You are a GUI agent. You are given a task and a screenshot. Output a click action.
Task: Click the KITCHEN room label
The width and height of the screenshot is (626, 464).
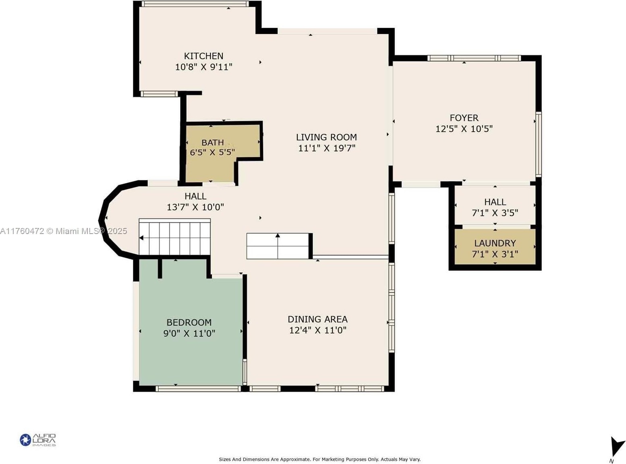[203, 56]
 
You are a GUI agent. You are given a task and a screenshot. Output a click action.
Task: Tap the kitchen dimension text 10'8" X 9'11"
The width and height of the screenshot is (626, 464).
[203, 67]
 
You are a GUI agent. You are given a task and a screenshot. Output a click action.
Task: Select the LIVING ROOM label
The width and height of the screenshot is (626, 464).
[326, 137]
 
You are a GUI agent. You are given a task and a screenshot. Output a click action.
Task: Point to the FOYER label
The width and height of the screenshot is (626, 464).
[464, 118]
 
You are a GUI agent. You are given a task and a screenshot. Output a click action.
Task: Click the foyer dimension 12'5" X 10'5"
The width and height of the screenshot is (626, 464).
[464, 129]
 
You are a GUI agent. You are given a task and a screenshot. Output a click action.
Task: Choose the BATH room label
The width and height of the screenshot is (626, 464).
[213, 143]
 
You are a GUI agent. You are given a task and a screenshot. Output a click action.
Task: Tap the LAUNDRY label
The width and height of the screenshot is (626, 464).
[495, 243]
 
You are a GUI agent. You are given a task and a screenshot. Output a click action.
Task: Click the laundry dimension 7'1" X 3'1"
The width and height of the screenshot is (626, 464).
[495, 254]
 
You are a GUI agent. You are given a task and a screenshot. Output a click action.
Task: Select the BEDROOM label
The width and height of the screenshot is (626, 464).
[189, 322]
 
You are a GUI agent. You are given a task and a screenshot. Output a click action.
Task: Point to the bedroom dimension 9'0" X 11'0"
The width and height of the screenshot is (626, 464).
[189, 333]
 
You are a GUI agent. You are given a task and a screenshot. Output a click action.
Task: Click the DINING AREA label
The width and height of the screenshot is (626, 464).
[317, 319]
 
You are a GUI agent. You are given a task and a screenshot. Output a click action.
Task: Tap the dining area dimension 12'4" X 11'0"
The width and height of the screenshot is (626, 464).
[317, 330]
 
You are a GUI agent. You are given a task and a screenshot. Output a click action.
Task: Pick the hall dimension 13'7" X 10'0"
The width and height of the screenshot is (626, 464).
[195, 207]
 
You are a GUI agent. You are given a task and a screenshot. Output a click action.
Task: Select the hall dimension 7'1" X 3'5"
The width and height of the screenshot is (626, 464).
[495, 213]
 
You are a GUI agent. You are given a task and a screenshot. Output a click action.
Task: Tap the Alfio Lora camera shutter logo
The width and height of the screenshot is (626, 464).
[25, 440]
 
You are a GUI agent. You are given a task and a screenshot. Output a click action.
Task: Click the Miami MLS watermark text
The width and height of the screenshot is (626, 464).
[64, 231]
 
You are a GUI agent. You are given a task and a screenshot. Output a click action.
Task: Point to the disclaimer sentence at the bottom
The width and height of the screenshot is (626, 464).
[320, 459]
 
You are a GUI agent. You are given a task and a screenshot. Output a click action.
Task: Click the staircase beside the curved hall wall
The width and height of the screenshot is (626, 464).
[174, 237]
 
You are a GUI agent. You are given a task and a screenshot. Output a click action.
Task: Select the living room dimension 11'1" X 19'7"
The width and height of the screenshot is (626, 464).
[327, 148]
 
